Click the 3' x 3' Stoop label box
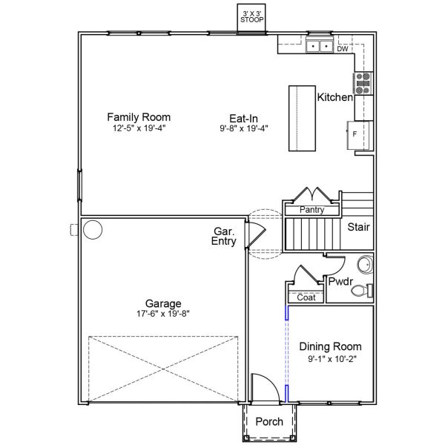point(251,16)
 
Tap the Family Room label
point(139,117)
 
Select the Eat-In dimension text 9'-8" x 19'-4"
point(243,128)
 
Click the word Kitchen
point(334,97)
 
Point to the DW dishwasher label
point(343,49)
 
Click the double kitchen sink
point(320,47)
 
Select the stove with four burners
point(363,82)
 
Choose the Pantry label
point(311,211)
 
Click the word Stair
point(358,227)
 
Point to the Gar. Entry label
point(224,237)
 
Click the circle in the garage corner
point(92,230)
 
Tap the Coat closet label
point(306,297)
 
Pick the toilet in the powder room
point(361,291)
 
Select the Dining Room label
point(330,346)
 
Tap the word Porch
point(268,422)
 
